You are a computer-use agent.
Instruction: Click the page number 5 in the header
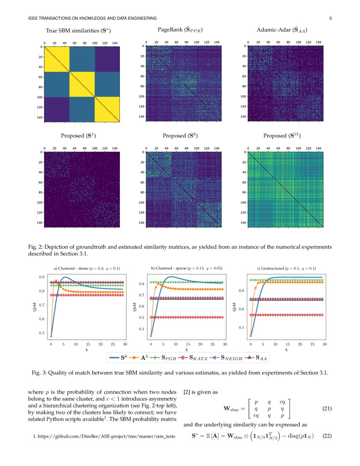pos(330,18)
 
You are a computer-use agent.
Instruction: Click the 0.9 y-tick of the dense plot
pos(42,277)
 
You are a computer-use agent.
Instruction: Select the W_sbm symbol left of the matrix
pos(232,409)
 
